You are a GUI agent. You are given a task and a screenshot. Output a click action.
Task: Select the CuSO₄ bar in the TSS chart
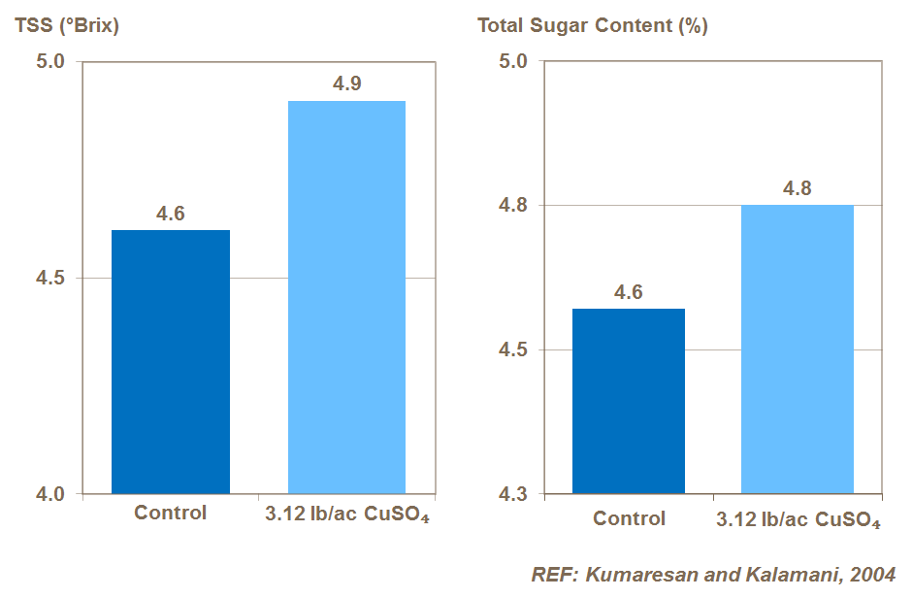(x=347, y=297)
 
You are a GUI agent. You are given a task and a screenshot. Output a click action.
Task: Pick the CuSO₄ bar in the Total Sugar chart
(x=798, y=349)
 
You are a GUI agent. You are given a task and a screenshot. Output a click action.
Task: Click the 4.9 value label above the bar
(x=347, y=84)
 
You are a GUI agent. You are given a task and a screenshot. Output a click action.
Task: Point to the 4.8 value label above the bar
(x=798, y=188)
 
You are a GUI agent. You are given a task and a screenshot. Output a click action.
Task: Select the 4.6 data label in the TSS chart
(x=171, y=214)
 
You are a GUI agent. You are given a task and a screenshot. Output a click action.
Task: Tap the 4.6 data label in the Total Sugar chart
(x=629, y=292)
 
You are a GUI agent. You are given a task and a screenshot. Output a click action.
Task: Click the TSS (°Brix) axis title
(x=67, y=26)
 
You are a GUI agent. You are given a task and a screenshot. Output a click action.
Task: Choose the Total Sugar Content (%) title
(x=592, y=26)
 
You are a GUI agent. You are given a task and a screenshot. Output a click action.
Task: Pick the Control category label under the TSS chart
(x=171, y=514)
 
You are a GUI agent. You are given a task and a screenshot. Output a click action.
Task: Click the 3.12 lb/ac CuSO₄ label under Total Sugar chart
(x=798, y=519)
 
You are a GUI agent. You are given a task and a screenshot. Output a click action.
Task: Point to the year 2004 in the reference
(x=871, y=574)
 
